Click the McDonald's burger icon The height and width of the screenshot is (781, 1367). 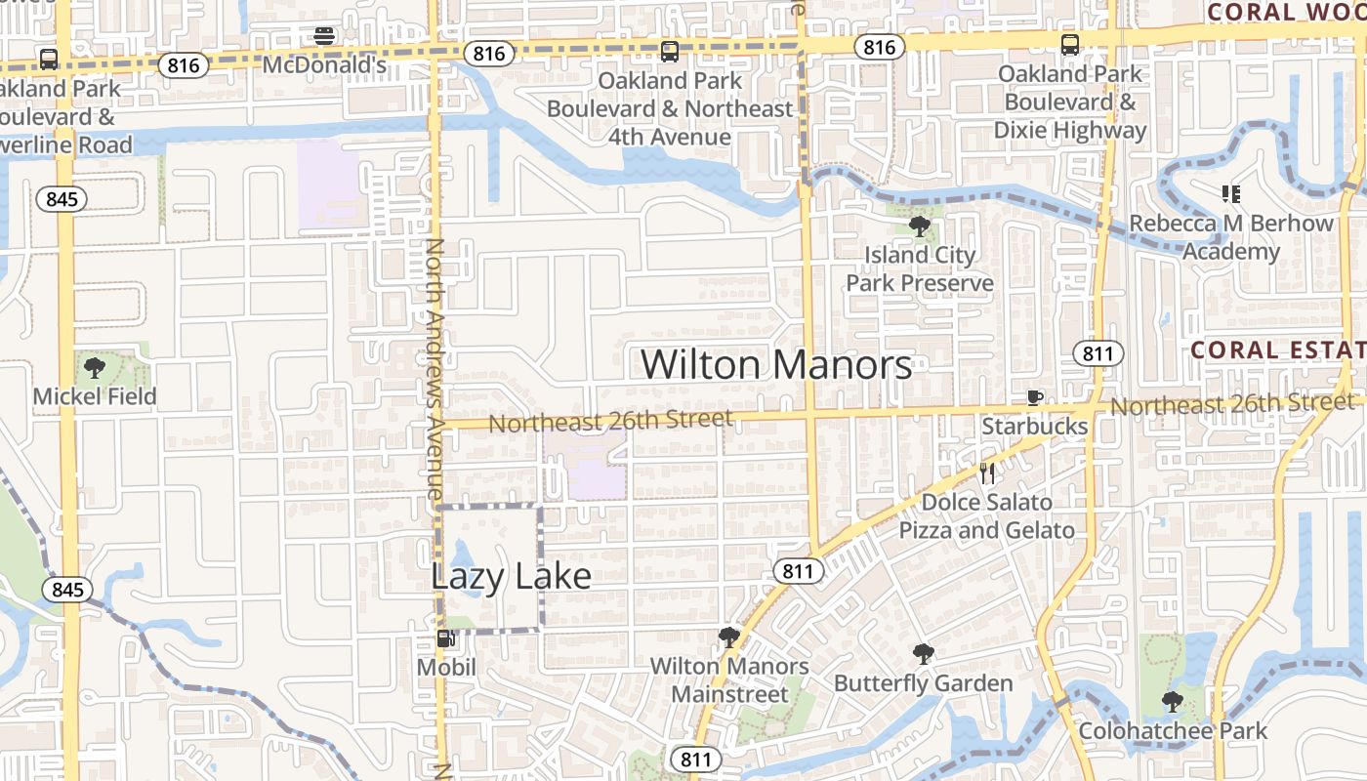[324, 37]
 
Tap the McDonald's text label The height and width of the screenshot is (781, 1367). [324, 65]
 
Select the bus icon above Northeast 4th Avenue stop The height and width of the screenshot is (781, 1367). [669, 52]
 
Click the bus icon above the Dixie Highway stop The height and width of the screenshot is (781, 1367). [1069, 44]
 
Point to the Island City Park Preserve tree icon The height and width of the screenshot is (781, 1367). [919, 226]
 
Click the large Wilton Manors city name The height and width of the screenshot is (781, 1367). [776, 365]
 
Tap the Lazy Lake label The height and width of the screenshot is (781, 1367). [511, 576]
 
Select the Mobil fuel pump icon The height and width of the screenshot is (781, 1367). [445, 639]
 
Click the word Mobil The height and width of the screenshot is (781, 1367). [446, 668]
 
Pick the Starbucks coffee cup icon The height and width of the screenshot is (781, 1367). [1034, 397]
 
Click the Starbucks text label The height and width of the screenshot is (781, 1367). [1034, 427]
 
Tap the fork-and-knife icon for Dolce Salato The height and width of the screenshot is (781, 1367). [987, 474]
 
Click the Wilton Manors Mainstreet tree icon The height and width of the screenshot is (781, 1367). [728, 637]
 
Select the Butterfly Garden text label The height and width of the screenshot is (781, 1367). [923, 682]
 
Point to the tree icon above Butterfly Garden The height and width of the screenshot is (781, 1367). [923, 653]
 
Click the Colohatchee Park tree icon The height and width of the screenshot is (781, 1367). [1172, 701]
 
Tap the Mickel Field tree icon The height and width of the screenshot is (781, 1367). [95, 368]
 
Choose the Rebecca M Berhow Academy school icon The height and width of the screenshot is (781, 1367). [1230, 194]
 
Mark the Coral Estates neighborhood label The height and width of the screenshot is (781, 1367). [1277, 349]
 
